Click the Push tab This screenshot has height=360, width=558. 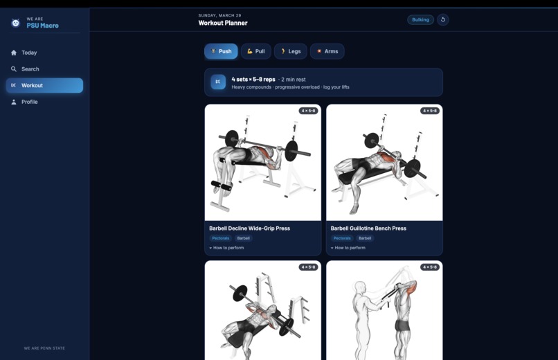point(221,51)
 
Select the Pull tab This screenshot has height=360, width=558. point(256,51)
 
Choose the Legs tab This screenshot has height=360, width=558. point(290,51)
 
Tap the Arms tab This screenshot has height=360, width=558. point(327,51)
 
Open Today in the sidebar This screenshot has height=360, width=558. point(29,53)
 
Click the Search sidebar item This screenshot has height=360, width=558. point(30,69)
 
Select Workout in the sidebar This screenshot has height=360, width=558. point(44,85)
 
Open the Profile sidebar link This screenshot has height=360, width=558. point(29,102)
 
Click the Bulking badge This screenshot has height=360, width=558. point(420,19)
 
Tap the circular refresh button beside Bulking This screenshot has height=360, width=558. point(442,19)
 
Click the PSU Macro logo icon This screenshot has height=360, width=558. point(15,23)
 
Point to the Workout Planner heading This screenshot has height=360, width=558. point(223,23)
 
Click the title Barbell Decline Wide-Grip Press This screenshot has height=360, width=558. point(249,228)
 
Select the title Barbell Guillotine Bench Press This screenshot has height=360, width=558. point(368,228)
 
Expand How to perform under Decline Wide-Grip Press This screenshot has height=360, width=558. point(226,248)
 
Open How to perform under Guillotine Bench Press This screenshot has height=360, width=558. point(348,248)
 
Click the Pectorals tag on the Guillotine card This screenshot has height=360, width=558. point(342,238)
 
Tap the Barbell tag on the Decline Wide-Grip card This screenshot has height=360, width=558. point(244,238)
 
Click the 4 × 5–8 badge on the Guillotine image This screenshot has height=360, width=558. point(429,111)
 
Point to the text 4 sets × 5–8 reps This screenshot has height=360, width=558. point(253,80)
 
